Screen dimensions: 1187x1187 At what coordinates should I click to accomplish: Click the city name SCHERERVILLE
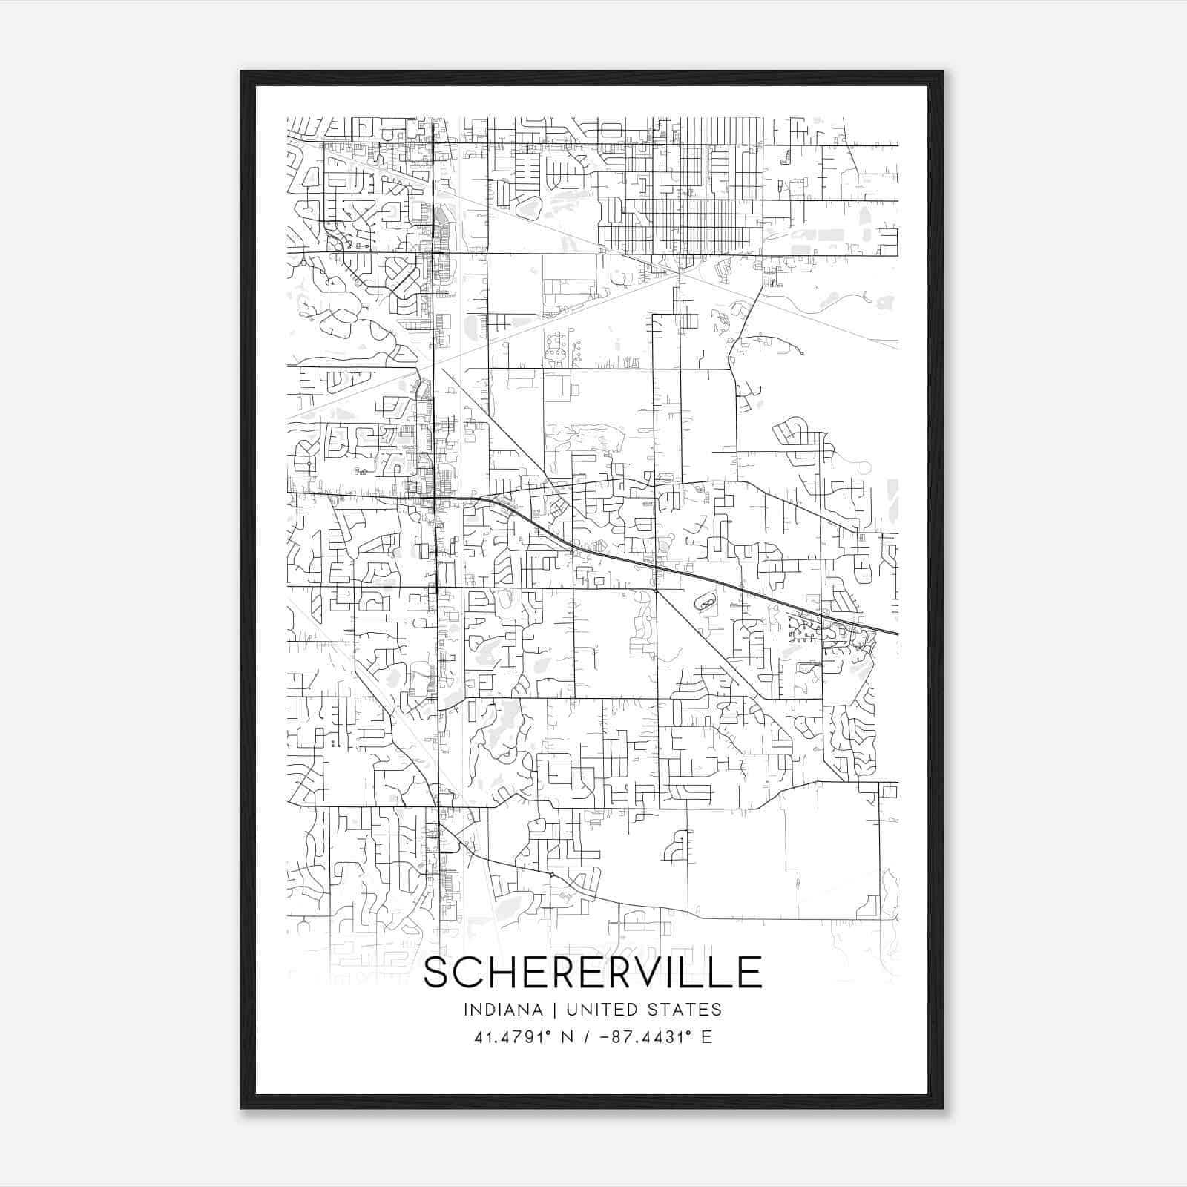coord(593,973)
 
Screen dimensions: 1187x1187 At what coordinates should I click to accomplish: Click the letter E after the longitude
coord(706,1037)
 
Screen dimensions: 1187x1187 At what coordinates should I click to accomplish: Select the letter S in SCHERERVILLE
coord(437,973)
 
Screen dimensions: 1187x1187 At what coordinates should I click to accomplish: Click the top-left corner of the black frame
coord(242,72)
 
